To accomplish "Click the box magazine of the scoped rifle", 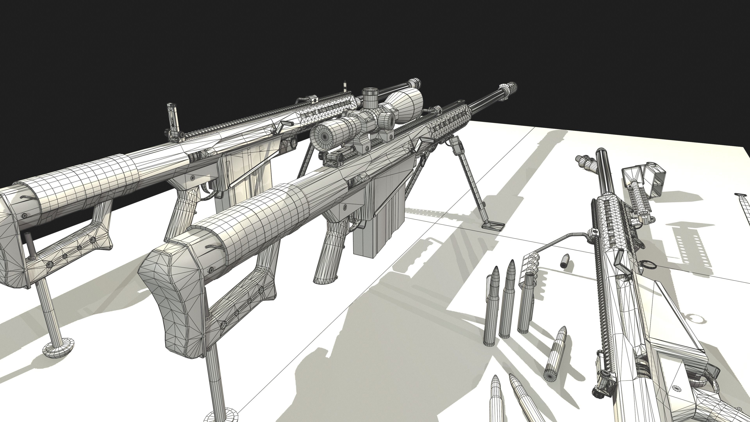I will tap(379, 215).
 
